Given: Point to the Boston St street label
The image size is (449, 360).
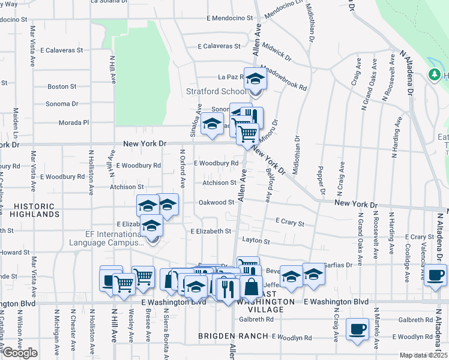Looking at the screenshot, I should pyautogui.click(x=62, y=86).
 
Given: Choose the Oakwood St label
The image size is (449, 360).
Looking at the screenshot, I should pyautogui.click(x=216, y=202).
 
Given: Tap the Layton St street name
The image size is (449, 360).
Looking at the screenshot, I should pyautogui.click(x=256, y=241).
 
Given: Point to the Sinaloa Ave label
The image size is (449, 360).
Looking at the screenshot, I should pyautogui.click(x=194, y=121).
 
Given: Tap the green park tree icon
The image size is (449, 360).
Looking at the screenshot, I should pyautogui.click(x=435, y=74).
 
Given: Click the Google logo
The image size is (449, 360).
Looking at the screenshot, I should pyautogui.click(x=20, y=353).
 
